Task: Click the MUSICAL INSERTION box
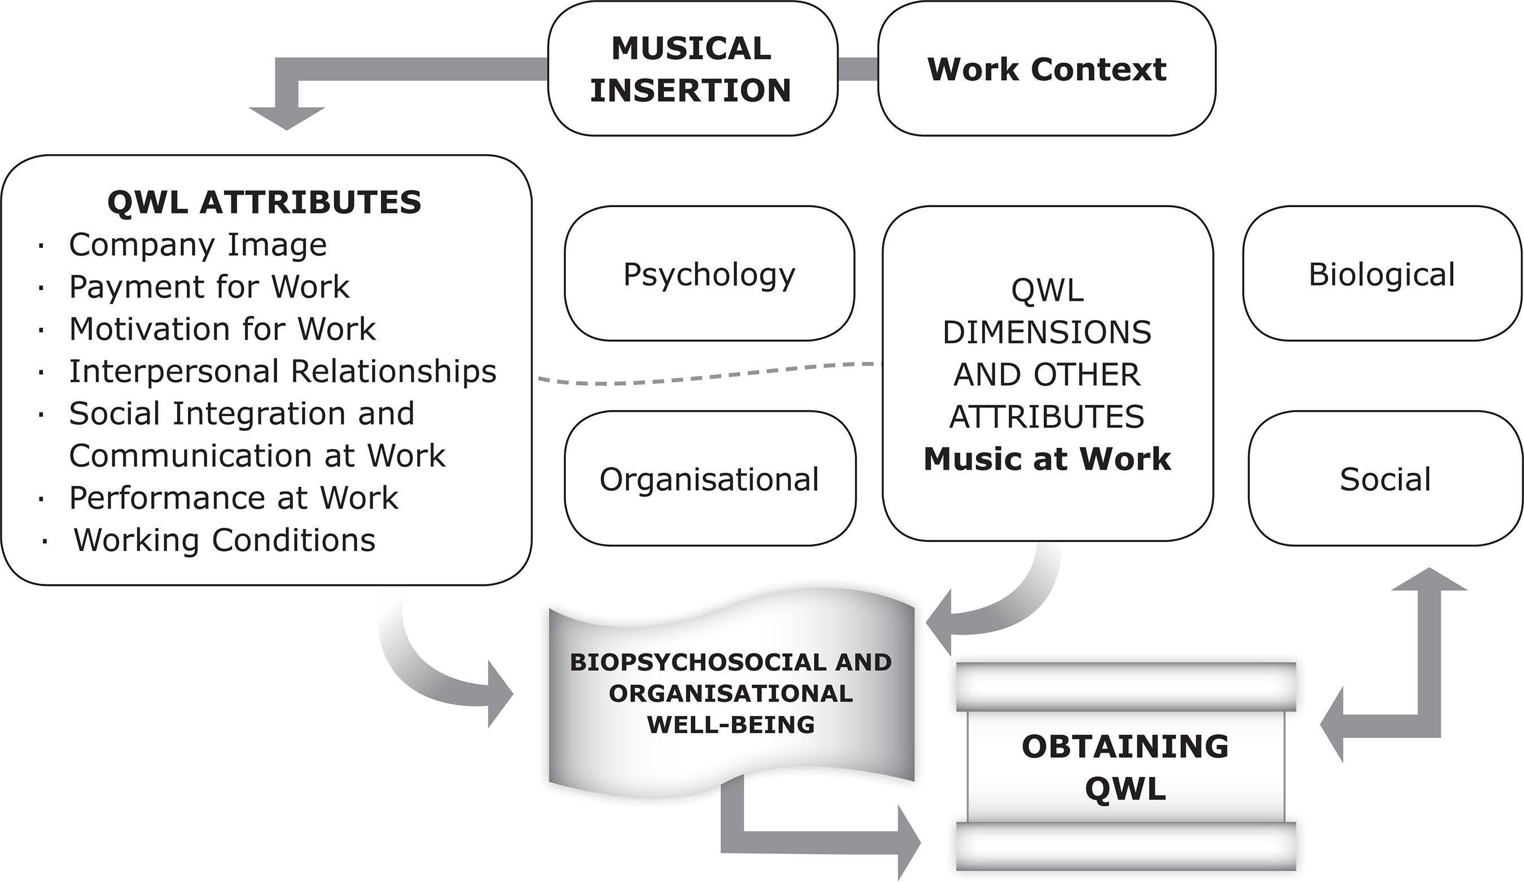(x=692, y=68)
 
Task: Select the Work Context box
(x=1046, y=68)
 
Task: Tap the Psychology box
(x=709, y=274)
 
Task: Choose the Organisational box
(x=710, y=478)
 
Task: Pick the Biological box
(x=1382, y=274)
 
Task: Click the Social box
(x=1385, y=478)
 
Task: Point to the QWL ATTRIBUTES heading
(x=264, y=202)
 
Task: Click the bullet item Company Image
(x=198, y=244)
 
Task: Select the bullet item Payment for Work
(x=209, y=287)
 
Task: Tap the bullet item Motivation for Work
(x=222, y=329)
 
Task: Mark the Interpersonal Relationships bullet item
(x=282, y=371)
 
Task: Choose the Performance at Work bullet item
(x=234, y=498)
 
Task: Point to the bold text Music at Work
(x=1047, y=459)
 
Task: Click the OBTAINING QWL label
(x=1125, y=767)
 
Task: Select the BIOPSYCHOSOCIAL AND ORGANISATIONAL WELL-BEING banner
(x=730, y=693)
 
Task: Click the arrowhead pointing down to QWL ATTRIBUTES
(x=287, y=117)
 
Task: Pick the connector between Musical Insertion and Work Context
(x=857, y=69)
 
